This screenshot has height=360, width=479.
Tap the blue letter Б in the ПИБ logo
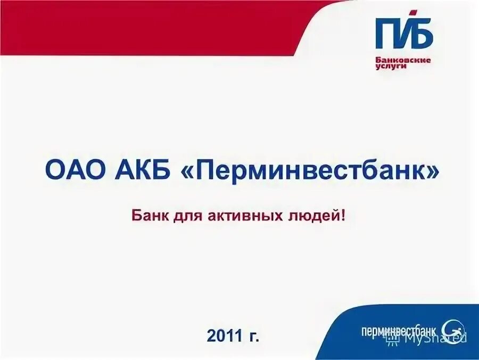(422, 34)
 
